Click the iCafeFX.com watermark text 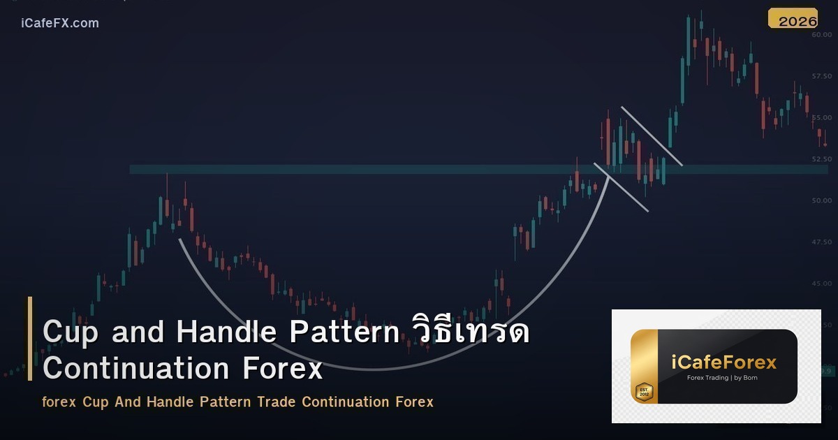click(x=60, y=23)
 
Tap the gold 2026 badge click(x=793, y=20)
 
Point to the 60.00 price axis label click(x=821, y=35)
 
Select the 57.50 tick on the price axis click(x=821, y=76)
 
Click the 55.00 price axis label click(x=821, y=117)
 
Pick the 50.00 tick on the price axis click(x=821, y=200)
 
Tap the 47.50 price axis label click(x=821, y=242)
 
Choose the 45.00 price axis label click(x=821, y=284)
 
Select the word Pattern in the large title click(x=344, y=332)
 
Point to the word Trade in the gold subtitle click(x=277, y=402)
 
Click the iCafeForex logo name click(x=724, y=363)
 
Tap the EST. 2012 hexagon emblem click(x=643, y=391)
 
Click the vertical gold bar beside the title click(x=30, y=339)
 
